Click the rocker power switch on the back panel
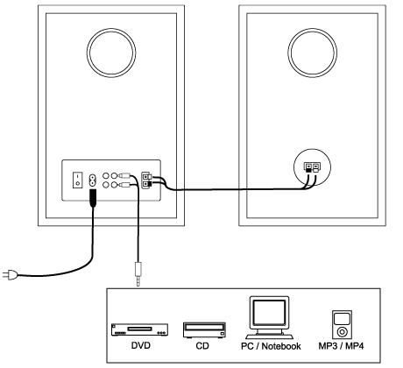click(x=77, y=180)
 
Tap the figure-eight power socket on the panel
click(x=92, y=180)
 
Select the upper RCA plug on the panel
click(x=124, y=176)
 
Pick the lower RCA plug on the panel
click(x=124, y=185)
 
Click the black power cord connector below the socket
click(x=93, y=198)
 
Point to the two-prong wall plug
click(x=10, y=275)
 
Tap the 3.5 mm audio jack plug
click(x=138, y=274)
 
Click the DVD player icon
click(x=139, y=329)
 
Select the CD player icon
click(x=204, y=330)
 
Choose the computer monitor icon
click(x=269, y=318)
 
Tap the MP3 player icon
click(x=342, y=324)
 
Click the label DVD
click(x=141, y=345)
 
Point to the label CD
click(x=202, y=346)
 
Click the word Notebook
click(x=281, y=346)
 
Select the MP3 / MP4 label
click(x=341, y=346)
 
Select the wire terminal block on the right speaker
click(x=312, y=167)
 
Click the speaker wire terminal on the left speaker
click(x=146, y=180)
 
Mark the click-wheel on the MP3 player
click(x=342, y=332)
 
